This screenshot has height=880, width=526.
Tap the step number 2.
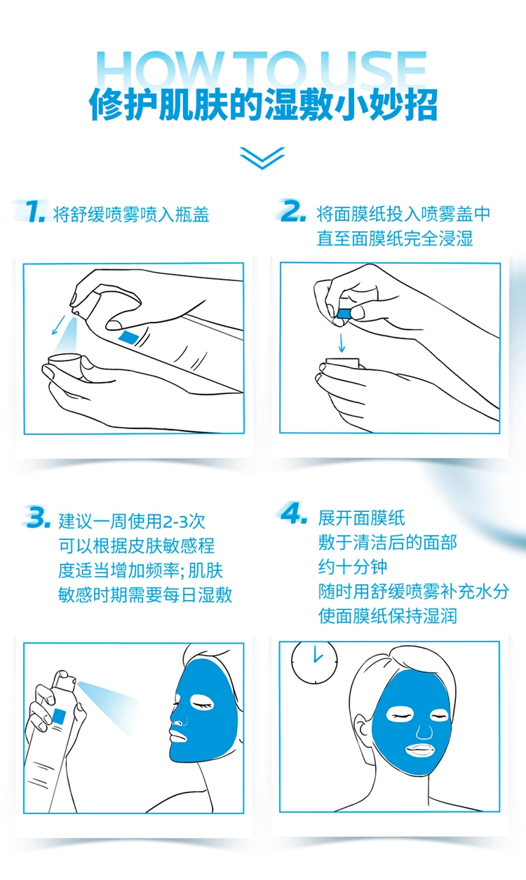(x=293, y=210)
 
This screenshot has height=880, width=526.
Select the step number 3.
(x=38, y=517)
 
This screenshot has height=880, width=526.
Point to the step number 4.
(x=294, y=513)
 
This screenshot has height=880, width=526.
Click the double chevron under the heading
(x=262, y=158)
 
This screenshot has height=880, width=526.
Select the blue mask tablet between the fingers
(x=344, y=313)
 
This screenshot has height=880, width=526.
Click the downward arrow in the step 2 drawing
(x=342, y=343)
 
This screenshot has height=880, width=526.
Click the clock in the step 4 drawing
(x=314, y=662)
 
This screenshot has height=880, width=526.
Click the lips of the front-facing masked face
(x=419, y=750)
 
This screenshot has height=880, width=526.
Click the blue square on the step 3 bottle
(x=60, y=715)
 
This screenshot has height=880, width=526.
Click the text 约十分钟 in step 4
(x=353, y=567)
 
